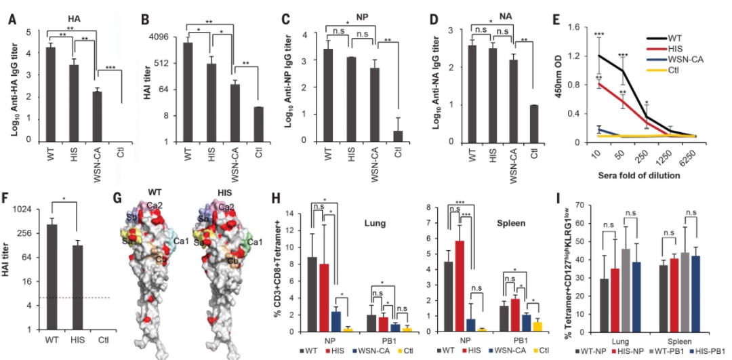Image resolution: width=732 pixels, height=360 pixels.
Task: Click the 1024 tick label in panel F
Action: pos(22,209)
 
